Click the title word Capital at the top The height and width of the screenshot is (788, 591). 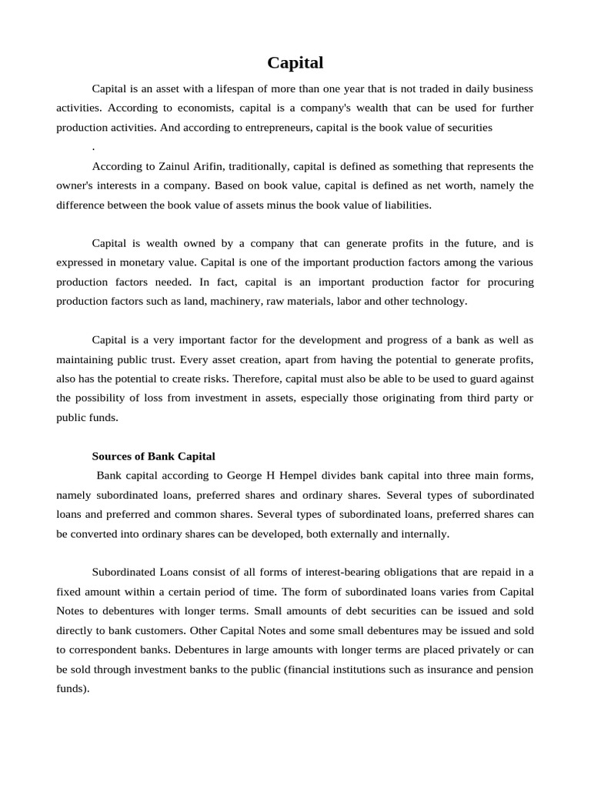click(295, 62)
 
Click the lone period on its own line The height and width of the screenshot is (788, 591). click(93, 147)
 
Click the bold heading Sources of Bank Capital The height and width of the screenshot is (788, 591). click(154, 456)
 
